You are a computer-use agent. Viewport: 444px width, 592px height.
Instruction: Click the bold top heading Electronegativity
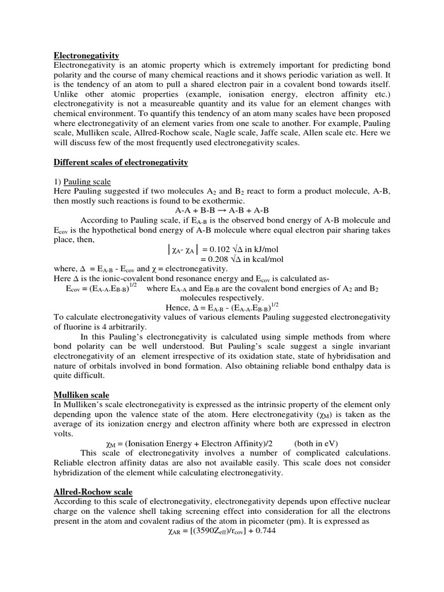point(86,55)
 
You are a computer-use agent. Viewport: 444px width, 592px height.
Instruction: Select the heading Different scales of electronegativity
point(121,162)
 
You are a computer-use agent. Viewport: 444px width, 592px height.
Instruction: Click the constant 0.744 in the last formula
point(264,531)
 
